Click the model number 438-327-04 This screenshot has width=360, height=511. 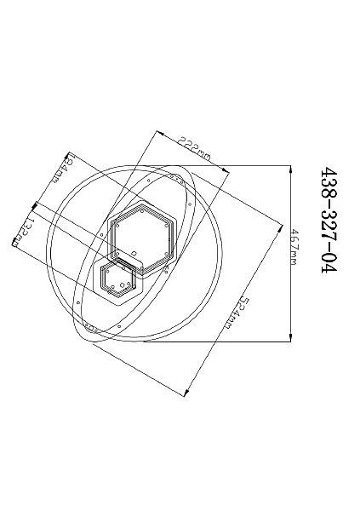click(x=329, y=221)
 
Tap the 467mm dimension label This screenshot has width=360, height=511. click(x=294, y=247)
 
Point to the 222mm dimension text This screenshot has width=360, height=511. click(x=194, y=150)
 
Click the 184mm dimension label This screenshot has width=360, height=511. click(x=62, y=169)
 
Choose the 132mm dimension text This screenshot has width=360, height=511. click(x=24, y=233)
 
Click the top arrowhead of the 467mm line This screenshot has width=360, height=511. click(x=290, y=169)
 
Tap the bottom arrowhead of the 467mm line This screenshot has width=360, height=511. click(x=290, y=338)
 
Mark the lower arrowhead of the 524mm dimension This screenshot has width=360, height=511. click(x=186, y=393)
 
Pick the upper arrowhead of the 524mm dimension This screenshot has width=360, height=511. click(x=280, y=228)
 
